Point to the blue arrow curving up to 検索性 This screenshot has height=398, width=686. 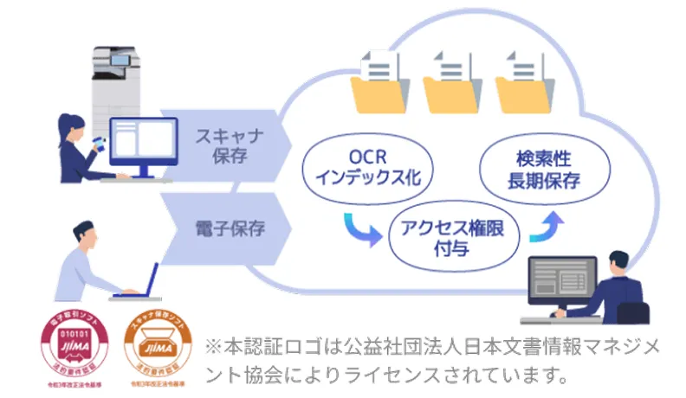(550, 227)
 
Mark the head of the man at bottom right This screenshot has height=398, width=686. (618, 263)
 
